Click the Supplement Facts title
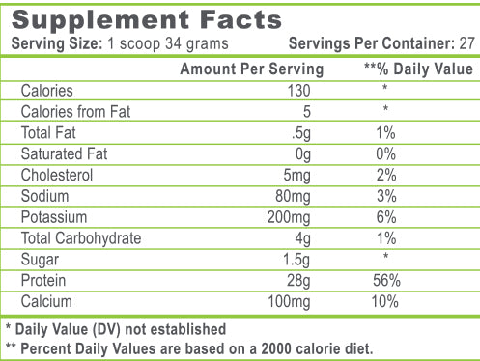point(146,20)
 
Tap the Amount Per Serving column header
point(252,69)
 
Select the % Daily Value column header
point(418,69)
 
